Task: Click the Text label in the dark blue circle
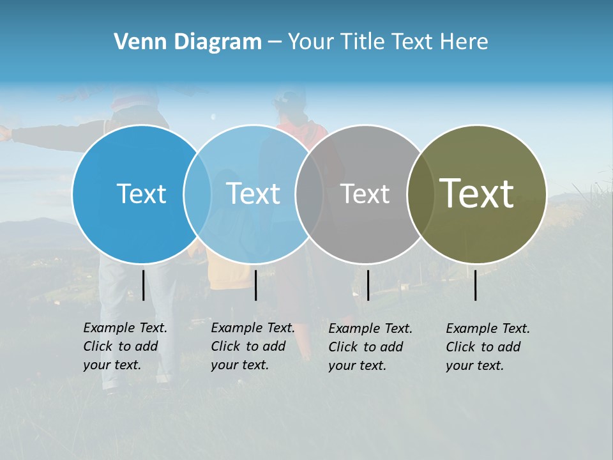[x=141, y=194]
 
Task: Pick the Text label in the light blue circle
[x=253, y=194]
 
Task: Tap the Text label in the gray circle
[x=365, y=194]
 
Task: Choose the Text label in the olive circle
[x=476, y=194]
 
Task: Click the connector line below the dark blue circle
[x=143, y=285]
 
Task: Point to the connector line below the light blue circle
[x=255, y=285]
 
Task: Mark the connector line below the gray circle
[x=368, y=285]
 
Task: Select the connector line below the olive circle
[x=475, y=285]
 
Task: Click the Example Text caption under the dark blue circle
[x=125, y=346]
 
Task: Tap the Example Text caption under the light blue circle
[x=252, y=346]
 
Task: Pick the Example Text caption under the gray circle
[x=370, y=347]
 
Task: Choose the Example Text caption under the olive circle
[x=487, y=347]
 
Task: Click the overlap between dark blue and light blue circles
[x=197, y=194]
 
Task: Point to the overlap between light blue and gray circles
[x=309, y=194]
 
